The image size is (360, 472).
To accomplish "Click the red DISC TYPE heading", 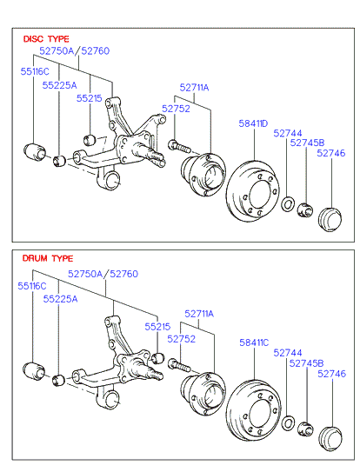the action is click(x=46, y=39).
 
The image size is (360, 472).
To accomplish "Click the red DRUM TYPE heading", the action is click(x=48, y=258).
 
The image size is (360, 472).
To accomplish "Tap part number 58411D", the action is click(x=253, y=123).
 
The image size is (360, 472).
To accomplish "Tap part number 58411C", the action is click(x=254, y=342).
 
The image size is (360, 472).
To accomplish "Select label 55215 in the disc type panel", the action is click(x=90, y=98).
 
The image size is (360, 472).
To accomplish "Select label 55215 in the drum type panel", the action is click(x=157, y=327).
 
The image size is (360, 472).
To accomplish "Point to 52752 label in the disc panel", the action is click(x=176, y=109).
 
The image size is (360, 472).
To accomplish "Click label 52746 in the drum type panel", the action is click(x=331, y=374).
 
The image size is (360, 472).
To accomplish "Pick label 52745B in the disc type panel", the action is click(x=307, y=143).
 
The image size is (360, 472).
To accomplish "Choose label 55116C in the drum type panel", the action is click(x=32, y=286).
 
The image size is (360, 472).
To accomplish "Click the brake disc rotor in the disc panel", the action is click(x=252, y=191).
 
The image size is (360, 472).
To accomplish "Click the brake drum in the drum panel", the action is click(x=253, y=410).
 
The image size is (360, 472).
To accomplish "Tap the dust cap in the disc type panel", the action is click(x=330, y=220).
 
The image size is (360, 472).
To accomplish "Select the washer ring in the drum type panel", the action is click(x=288, y=423).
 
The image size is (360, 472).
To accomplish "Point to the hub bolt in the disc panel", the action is click(x=179, y=147).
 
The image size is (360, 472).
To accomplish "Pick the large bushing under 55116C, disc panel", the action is click(x=34, y=152).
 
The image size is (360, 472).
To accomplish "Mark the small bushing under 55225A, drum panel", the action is click(x=59, y=380).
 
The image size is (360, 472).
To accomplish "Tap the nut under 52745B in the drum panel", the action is click(x=305, y=429).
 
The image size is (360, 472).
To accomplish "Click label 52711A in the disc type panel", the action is click(x=194, y=88).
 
